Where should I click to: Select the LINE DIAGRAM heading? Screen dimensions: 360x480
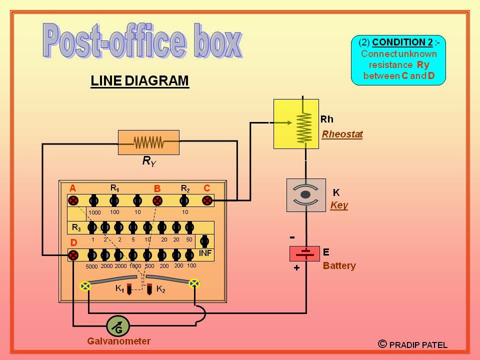coord(139,81)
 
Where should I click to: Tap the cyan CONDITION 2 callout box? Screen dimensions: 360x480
coord(398,60)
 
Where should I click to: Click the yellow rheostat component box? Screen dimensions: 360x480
coord(296,123)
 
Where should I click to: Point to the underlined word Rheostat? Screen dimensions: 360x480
coord(342,134)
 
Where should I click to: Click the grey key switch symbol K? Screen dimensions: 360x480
coord(305,194)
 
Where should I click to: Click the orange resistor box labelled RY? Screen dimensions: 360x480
coord(148,142)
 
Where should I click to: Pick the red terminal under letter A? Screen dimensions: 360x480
coord(73,200)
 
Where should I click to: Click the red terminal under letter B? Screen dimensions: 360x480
coord(157,200)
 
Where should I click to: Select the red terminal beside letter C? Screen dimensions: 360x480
coord(207,200)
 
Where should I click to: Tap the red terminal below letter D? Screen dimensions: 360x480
coord(73,255)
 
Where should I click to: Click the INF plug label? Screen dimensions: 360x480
coord(205,253)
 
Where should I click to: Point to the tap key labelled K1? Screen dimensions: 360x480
coord(129,288)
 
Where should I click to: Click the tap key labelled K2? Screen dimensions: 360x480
coord(149,288)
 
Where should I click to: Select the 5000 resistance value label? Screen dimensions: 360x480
coord(91,266)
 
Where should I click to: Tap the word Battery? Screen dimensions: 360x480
coord(339,265)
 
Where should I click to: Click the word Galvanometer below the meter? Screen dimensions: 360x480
coord(118,341)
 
